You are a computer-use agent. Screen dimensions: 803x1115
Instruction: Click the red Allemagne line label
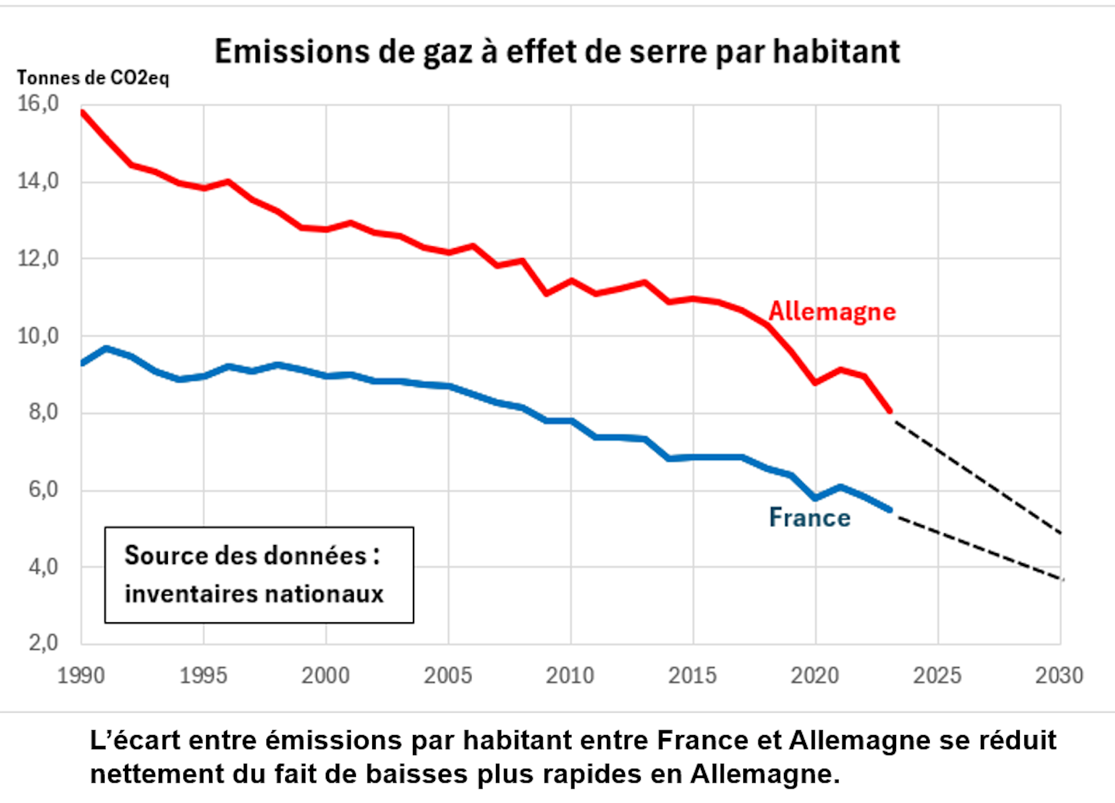click(832, 312)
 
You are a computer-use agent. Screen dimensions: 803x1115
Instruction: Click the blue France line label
click(810, 518)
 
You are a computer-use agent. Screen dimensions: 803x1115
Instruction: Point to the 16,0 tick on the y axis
click(38, 104)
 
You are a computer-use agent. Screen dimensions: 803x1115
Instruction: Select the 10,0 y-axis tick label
click(38, 336)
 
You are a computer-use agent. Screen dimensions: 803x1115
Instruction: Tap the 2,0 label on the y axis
click(44, 643)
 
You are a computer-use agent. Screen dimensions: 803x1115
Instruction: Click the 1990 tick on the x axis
click(81, 676)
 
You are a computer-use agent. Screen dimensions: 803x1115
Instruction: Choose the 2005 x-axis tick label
click(448, 676)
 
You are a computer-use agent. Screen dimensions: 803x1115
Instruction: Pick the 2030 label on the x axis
click(1059, 676)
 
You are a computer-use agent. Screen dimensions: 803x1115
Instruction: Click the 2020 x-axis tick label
click(815, 676)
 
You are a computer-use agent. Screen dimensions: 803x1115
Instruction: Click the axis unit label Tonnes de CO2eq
click(93, 78)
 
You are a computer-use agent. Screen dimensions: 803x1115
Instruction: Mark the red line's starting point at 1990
click(82, 112)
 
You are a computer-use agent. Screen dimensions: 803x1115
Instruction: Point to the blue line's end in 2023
click(890, 510)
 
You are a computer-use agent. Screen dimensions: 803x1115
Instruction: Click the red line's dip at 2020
click(816, 382)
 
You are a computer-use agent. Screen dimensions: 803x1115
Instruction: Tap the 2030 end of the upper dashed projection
click(1060, 533)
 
